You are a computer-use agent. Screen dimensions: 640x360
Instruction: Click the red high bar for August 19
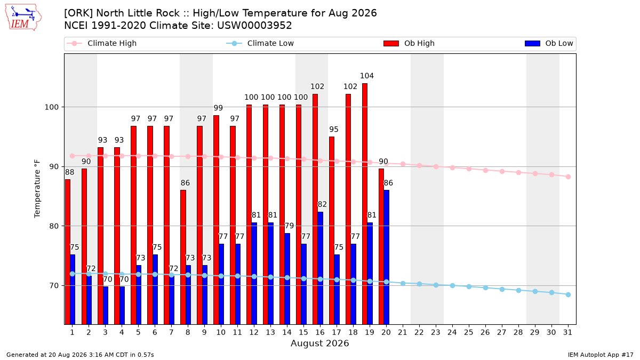[365, 204]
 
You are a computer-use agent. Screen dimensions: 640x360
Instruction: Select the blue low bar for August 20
[387, 257]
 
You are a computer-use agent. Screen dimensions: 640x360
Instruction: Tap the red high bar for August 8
[183, 257]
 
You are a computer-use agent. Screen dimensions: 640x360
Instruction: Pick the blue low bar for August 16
[321, 268]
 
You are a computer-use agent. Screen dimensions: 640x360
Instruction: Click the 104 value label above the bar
[367, 76]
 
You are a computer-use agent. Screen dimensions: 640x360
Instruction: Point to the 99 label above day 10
[218, 108]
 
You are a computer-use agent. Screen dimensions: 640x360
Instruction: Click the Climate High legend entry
[102, 43]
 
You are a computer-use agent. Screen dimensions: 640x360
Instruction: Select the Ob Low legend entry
[549, 43]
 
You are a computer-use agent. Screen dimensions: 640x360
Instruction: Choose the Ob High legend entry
[409, 43]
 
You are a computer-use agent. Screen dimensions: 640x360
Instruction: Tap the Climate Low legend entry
[260, 43]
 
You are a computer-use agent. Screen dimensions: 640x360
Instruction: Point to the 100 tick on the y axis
[51, 107]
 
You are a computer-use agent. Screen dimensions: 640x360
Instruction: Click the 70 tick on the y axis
[54, 286]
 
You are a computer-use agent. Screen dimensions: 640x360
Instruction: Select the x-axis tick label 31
[567, 332]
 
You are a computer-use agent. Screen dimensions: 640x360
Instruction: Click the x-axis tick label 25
[469, 332]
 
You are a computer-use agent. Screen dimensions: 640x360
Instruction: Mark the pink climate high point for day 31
[569, 177]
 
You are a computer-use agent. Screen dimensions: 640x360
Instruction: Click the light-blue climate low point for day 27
[502, 290]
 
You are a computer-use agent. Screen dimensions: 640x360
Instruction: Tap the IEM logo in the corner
[23, 18]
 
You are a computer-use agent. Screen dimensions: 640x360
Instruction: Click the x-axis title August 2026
[319, 343]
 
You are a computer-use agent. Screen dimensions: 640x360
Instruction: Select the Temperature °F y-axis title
[37, 189]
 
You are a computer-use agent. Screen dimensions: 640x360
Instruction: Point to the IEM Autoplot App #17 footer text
[601, 355]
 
